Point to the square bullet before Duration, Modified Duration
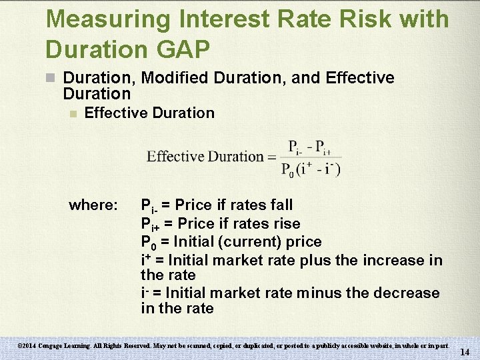pos(51,78)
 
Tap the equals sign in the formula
pos(271,157)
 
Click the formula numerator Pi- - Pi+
pos(309,147)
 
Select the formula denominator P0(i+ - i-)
pos(311,169)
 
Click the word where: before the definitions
pos(93,205)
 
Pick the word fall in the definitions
pos(280,205)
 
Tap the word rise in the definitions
pos(286,223)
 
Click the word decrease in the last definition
pos(409,293)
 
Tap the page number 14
pos(465,351)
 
